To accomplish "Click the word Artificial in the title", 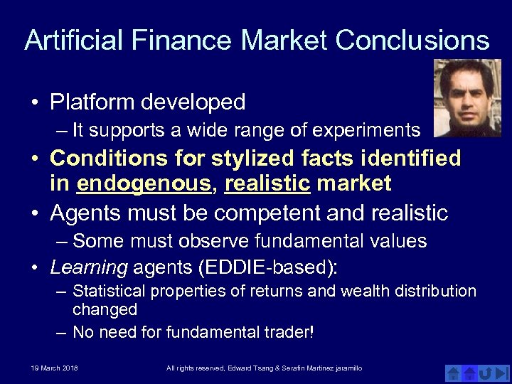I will pyautogui.click(x=72, y=41).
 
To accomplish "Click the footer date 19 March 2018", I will pyautogui.click(x=54, y=368).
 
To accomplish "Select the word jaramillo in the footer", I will pyautogui.click(x=346, y=368).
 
